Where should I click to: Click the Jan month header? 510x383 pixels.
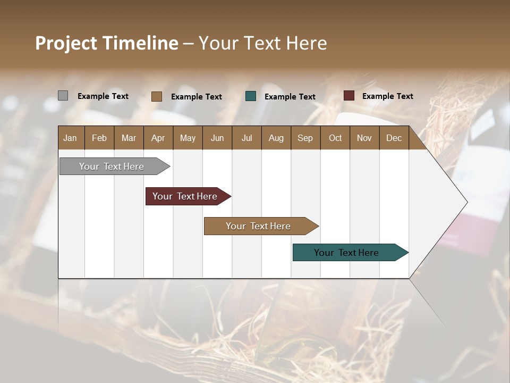[71, 138]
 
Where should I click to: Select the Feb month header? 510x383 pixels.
[99, 138]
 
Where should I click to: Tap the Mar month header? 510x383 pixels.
[129, 138]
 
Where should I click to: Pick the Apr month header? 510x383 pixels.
[158, 138]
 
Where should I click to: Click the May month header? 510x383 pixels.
[188, 138]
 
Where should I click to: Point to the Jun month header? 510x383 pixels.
[217, 138]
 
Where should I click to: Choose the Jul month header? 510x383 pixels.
[246, 138]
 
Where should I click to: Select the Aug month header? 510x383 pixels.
[276, 138]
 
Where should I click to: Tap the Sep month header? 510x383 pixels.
[305, 138]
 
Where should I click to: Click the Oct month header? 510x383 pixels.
[335, 138]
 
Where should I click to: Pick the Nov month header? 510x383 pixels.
[364, 138]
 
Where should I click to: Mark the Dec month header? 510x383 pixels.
[394, 138]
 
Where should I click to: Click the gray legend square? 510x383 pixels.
[63, 96]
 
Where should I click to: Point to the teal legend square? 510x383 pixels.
[251, 96]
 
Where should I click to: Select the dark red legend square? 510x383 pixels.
[349, 96]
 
